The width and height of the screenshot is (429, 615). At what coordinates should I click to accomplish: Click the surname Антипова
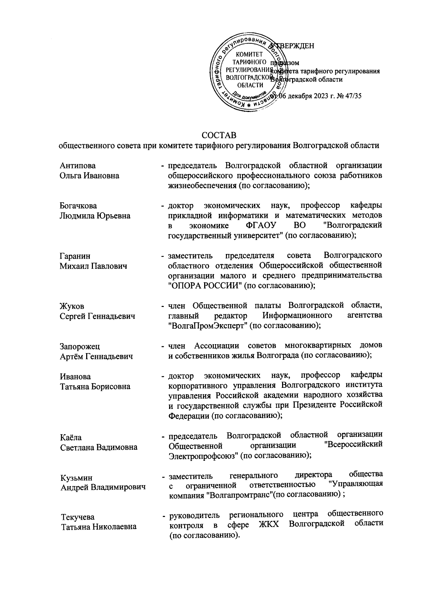pyautogui.click(x=78, y=166)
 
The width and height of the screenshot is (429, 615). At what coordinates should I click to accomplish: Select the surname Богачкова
pyautogui.click(x=79, y=206)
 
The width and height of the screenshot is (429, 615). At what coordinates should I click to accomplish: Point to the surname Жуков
pyautogui.click(x=72, y=306)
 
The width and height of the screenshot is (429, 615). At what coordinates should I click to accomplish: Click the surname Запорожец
pyautogui.click(x=80, y=346)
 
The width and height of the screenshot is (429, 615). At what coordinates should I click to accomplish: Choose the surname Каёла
pyautogui.click(x=71, y=437)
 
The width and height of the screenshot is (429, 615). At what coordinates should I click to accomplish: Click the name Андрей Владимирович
pyautogui.click(x=103, y=487)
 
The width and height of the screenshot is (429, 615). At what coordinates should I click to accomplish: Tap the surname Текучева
pyautogui.click(x=77, y=517)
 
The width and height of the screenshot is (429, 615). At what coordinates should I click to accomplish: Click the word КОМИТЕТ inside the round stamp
pyautogui.click(x=250, y=54)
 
